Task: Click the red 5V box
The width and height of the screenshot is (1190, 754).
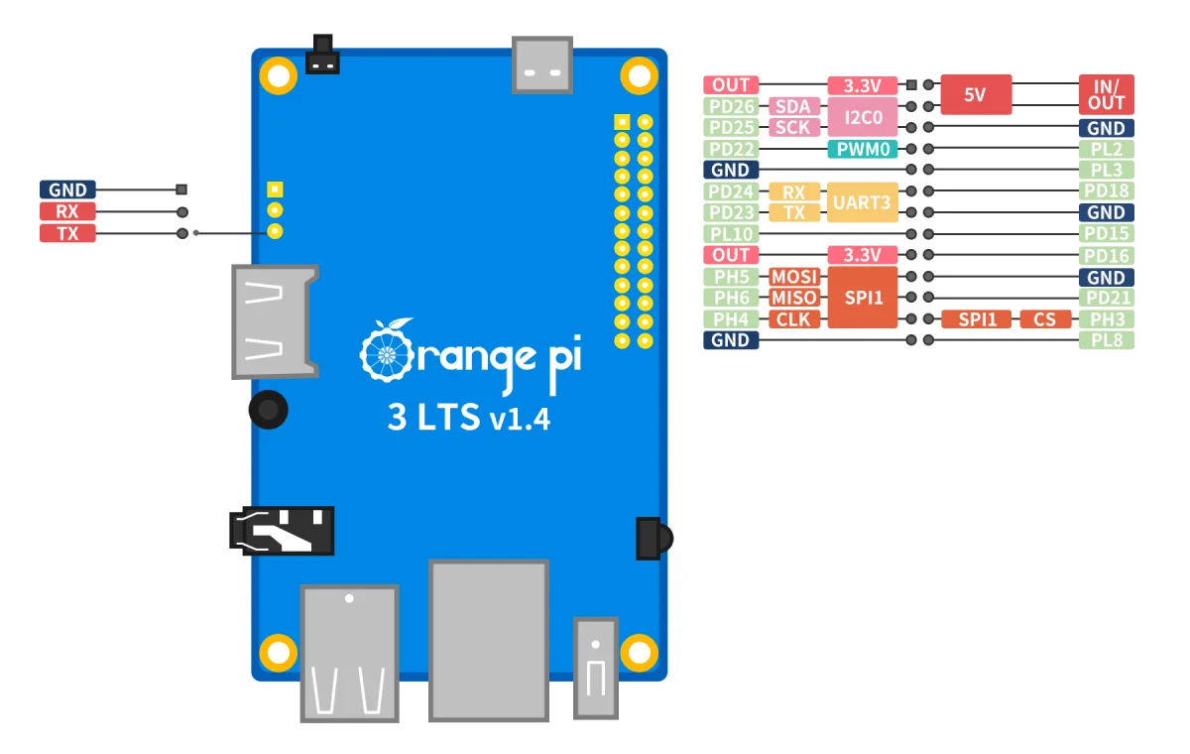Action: pos(975,95)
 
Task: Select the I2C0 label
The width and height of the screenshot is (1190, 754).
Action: pos(862,117)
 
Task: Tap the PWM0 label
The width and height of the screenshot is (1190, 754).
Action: pos(862,149)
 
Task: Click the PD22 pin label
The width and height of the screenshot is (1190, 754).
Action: pos(731,149)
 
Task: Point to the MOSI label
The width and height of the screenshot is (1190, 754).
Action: pos(794,277)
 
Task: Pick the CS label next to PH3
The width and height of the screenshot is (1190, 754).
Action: pos(1045,319)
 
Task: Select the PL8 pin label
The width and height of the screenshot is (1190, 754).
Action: pos(1106,340)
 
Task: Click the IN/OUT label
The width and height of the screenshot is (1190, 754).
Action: pos(1106,95)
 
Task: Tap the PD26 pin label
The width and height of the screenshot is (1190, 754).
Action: pos(731,106)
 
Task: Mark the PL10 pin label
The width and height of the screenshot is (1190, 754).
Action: pos(731,234)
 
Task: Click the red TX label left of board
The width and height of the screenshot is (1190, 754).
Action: pos(67,233)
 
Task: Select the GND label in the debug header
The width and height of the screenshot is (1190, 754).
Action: pos(67,189)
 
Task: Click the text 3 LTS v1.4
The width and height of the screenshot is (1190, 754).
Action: pos(468,418)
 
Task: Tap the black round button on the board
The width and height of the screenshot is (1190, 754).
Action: pos(268,408)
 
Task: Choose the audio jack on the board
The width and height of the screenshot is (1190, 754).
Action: pos(282,531)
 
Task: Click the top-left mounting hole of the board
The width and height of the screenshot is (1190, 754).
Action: pos(279,74)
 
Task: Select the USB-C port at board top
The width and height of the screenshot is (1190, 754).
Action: pos(542,65)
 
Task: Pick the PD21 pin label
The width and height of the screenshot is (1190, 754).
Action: pos(1106,298)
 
